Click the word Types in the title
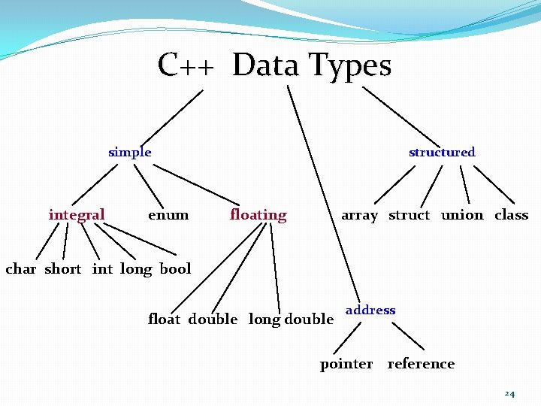pyautogui.click(x=351, y=65)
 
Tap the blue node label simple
pyautogui.click(x=129, y=152)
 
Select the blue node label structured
pyautogui.click(x=442, y=152)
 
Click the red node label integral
pyautogui.click(x=77, y=215)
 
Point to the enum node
pyautogui.click(x=168, y=215)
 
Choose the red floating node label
pyautogui.click(x=258, y=215)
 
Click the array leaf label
pyautogui.click(x=359, y=215)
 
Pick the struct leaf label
pyautogui.click(x=409, y=215)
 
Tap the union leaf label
pyautogui.click(x=462, y=215)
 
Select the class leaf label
pyautogui.click(x=512, y=215)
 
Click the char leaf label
pyautogui.click(x=20, y=269)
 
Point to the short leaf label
pyautogui.click(x=63, y=269)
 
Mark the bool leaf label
pyautogui.click(x=176, y=269)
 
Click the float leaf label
pyautogui.click(x=164, y=320)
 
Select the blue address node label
pyautogui.click(x=370, y=310)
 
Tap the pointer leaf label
pyautogui.click(x=346, y=364)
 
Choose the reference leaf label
pyautogui.click(x=421, y=364)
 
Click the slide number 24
pyautogui.click(x=509, y=394)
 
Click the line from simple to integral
pyautogui.click(x=95, y=184)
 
